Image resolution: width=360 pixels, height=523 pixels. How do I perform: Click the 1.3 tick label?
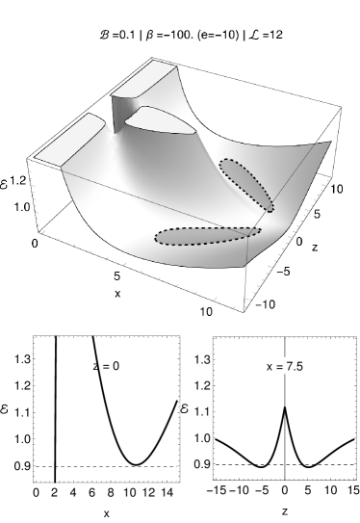(x=202, y=360)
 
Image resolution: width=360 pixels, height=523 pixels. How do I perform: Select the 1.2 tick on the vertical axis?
(x=202, y=386)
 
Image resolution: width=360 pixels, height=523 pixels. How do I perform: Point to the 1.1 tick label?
(x=202, y=412)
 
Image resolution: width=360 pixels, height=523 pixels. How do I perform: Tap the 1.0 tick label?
(x=202, y=438)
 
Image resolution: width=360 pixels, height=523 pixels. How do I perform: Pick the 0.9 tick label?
(x=202, y=464)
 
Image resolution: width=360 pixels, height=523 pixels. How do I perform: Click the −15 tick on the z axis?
(x=216, y=491)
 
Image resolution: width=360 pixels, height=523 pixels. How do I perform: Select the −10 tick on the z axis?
(x=238, y=491)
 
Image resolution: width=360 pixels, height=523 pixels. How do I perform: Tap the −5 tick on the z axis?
(x=262, y=491)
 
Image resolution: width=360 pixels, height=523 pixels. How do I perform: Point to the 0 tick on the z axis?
(x=285, y=491)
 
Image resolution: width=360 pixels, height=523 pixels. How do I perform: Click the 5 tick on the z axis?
(x=307, y=491)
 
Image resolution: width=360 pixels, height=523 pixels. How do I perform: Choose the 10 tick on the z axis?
(x=330, y=491)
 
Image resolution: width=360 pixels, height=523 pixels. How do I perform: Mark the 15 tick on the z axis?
(x=352, y=491)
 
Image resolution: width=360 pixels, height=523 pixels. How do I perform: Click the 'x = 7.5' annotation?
(x=285, y=366)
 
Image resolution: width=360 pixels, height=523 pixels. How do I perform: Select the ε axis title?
(x=184, y=410)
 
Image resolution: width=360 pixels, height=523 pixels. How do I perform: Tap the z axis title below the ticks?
(x=285, y=510)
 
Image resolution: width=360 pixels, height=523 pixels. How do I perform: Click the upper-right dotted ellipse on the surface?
(x=246, y=183)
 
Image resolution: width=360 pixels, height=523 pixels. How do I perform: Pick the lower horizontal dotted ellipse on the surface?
(x=205, y=235)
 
